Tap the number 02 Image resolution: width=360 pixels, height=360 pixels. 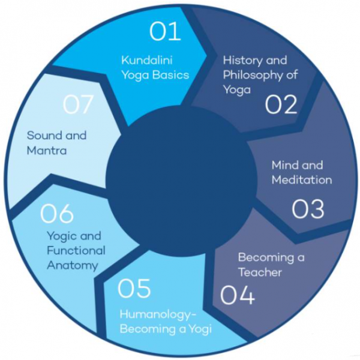[x=281, y=105]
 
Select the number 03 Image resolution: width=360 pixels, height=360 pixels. [x=308, y=209]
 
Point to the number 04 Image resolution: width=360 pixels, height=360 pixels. [x=237, y=295]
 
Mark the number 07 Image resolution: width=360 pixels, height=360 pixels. [x=78, y=105]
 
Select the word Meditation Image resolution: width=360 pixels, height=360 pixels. [x=301, y=180]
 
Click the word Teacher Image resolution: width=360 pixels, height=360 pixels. [x=260, y=272]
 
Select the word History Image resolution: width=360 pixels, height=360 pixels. [x=238, y=61]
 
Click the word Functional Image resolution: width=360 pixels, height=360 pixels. [x=76, y=250]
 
